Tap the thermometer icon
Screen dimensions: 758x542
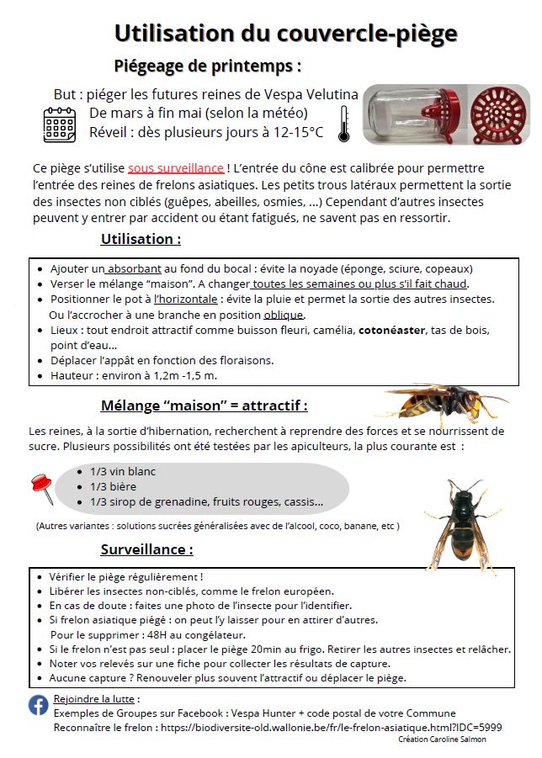pyautogui.click(x=343, y=124)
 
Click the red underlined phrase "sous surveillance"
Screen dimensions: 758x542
pyautogui.click(x=176, y=168)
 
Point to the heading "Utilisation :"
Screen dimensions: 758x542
pyautogui.click(x=141, y=239)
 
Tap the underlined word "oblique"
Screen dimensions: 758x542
pyautogui.click(x=284, y=315)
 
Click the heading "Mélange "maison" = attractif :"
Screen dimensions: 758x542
pyautogui.click(x=204, y=406)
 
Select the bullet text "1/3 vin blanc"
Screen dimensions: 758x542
pyautogui.click(x=123, y=471)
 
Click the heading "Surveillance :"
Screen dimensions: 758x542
pyautogui.click(x=146, y=550)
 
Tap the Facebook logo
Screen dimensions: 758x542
pyautogui.click(x=39, y=705)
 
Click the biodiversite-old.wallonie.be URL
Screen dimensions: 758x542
pyautogui.click(x=331, y=726)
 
